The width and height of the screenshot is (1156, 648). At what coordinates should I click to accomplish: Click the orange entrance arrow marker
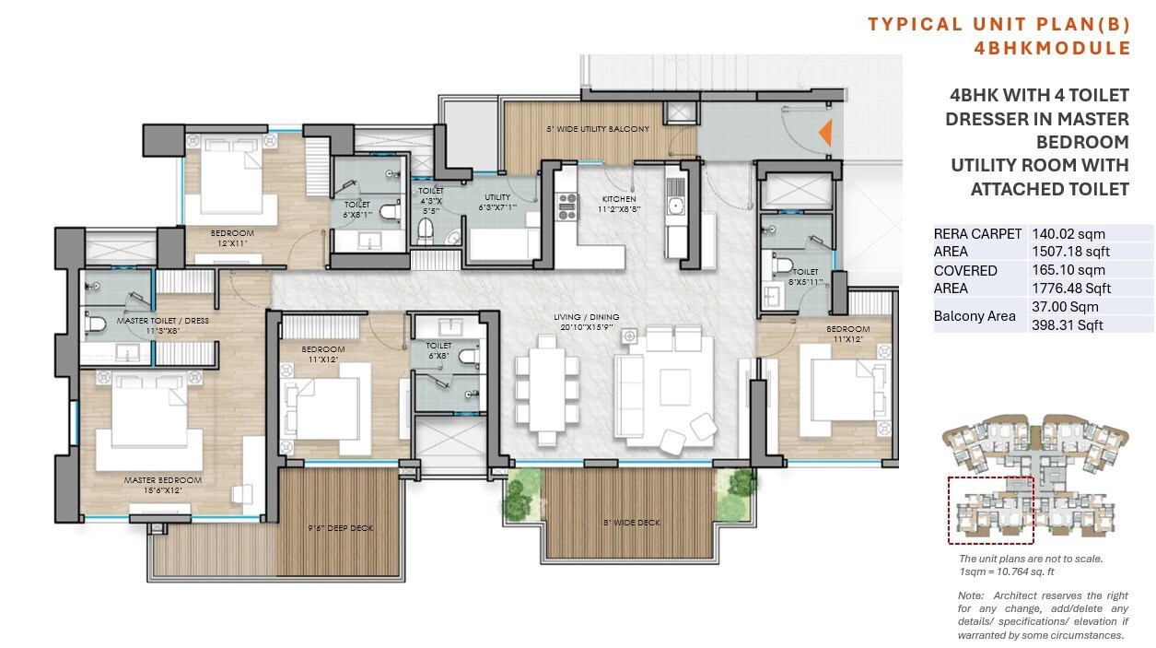coord(826,134)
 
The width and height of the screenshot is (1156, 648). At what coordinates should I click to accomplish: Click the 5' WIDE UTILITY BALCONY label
coord(598,129)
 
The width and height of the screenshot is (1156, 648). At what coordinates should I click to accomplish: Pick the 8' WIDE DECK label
coord(631,523)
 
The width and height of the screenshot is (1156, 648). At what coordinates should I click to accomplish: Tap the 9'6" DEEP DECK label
coord(341,528)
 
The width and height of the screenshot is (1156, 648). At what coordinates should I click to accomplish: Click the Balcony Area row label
coord(975,316)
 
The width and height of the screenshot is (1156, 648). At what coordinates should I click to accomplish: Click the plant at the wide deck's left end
coord(523,490)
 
